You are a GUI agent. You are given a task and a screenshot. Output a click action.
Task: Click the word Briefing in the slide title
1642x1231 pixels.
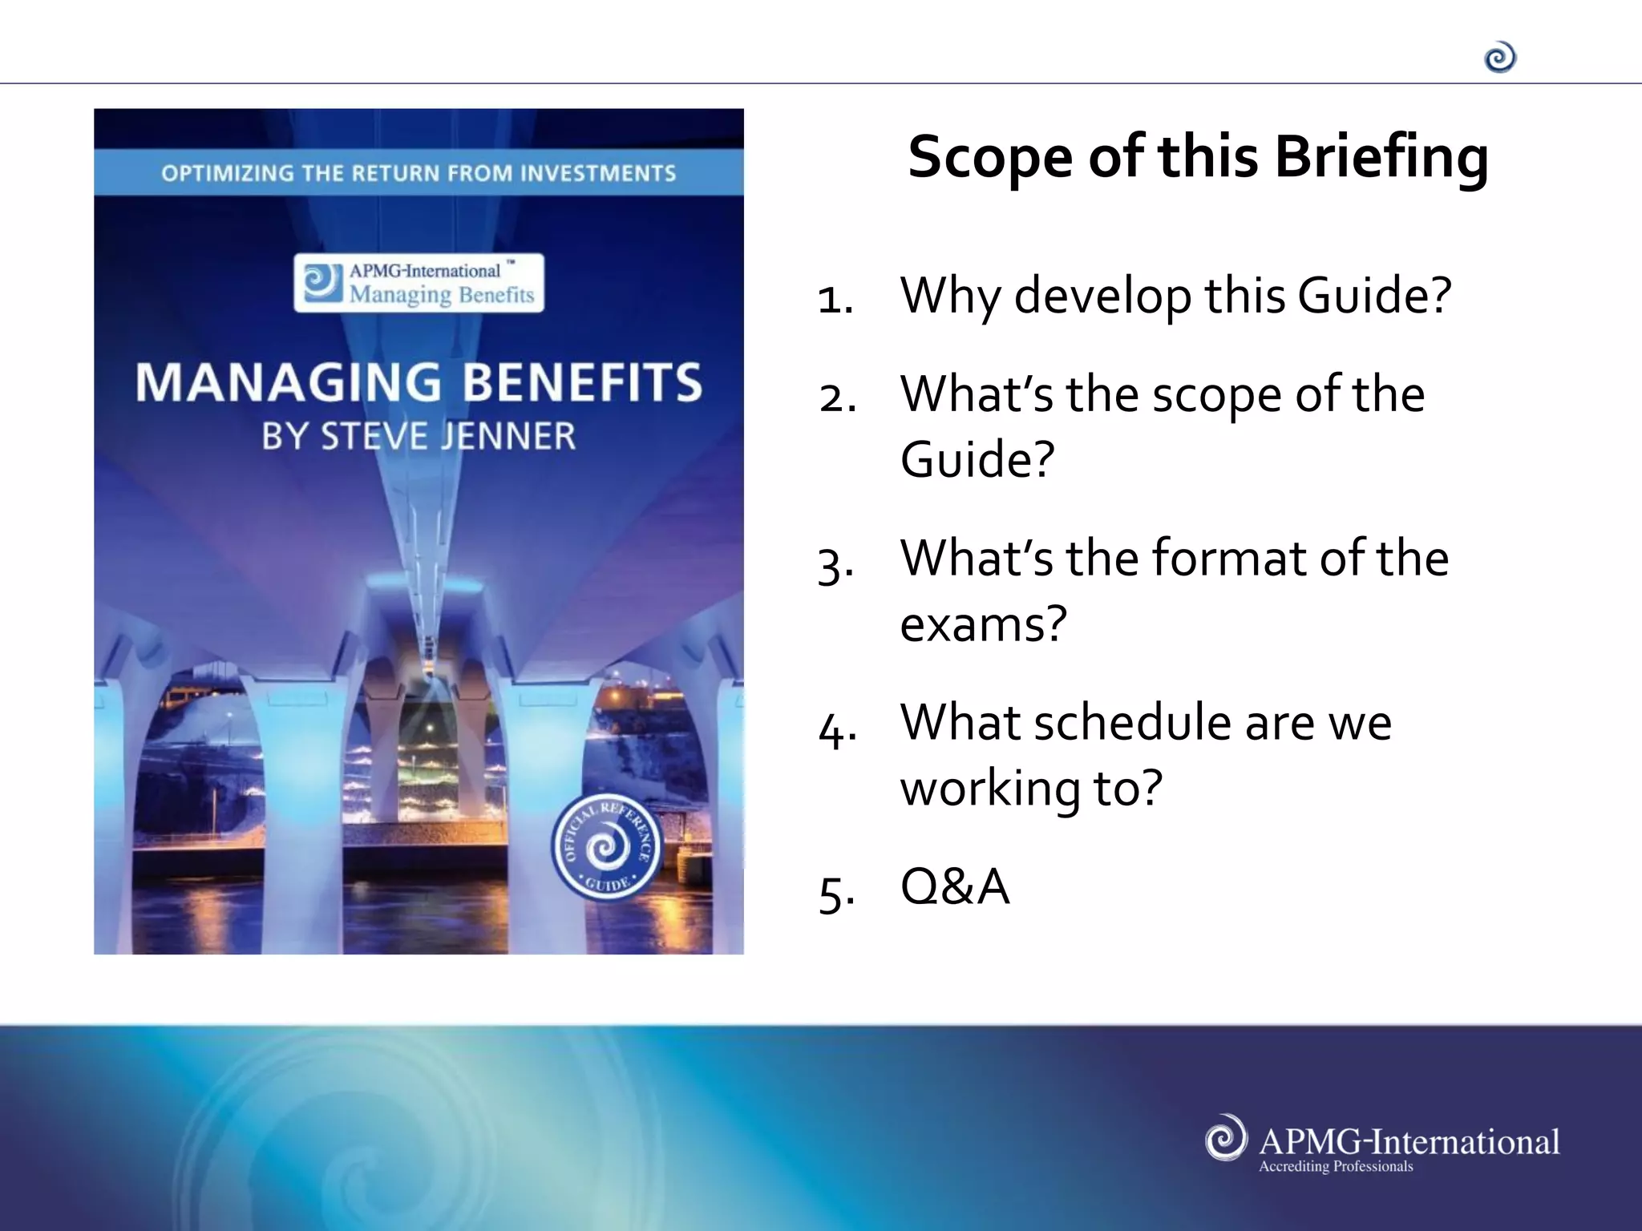[1381, 158]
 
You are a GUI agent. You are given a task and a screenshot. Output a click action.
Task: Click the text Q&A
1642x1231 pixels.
[954, 886]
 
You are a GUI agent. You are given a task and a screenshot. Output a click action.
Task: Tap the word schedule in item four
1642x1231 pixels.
[1132, 722]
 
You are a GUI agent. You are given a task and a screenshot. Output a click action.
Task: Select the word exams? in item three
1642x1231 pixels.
[983, 624]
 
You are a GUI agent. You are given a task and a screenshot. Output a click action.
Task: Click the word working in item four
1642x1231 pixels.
[990, 789]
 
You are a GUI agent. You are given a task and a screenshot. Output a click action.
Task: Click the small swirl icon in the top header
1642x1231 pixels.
[1500, 58]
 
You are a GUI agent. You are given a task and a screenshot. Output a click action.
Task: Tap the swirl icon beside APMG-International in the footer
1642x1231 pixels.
[1226, 1137]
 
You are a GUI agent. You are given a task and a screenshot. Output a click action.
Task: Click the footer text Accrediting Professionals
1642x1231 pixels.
[1336, 1166]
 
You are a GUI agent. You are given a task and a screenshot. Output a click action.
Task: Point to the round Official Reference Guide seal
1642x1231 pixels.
[606, 847]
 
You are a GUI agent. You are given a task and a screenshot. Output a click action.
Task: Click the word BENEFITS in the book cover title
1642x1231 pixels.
[583, 382]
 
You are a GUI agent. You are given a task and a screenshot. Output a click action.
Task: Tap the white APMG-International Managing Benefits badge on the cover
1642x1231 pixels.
[419, 283]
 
